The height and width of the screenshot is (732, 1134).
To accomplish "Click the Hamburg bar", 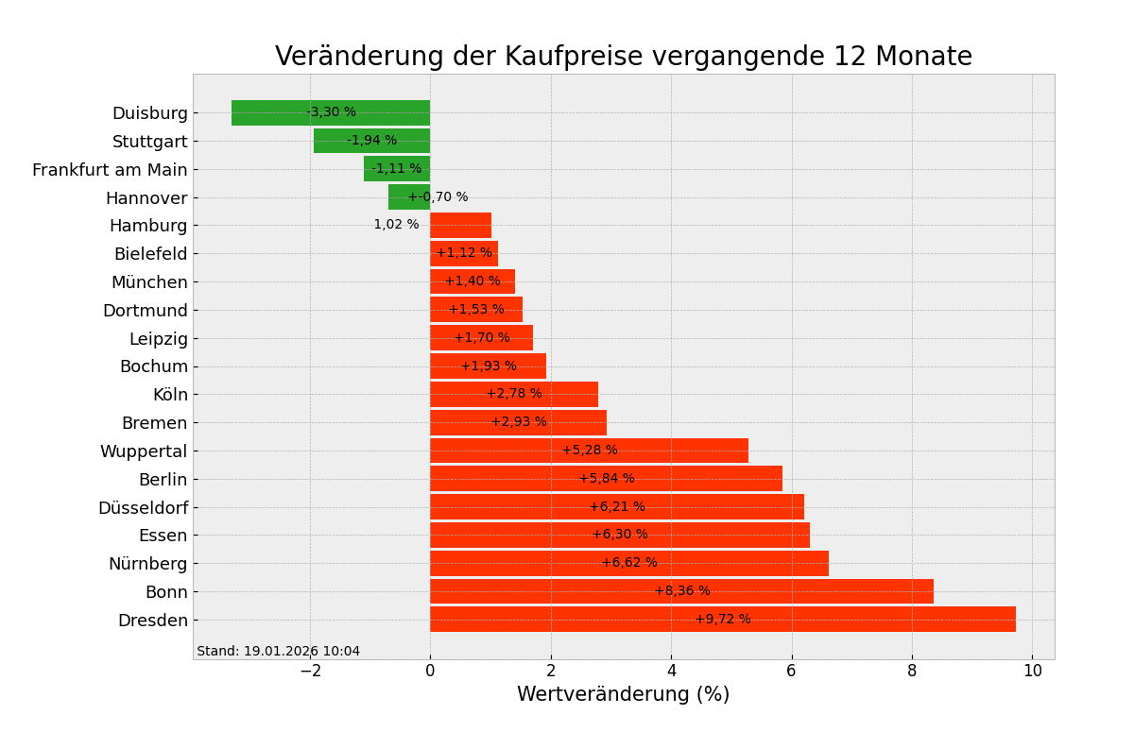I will point(460,226).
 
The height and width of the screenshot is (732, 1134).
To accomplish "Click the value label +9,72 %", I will point(723,620).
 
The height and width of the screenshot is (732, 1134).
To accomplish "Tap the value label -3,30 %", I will point(332,112).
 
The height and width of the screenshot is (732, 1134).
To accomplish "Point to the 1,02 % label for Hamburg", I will point(396,225).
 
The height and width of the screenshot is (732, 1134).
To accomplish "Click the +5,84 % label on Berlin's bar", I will point(607,479).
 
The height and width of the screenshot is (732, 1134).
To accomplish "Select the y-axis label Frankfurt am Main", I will point(110,170).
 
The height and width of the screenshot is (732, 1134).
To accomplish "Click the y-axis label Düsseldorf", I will point(143,508).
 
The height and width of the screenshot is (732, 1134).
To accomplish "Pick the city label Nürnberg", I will point(147,564).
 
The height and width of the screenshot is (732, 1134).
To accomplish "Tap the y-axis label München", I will point(149,282).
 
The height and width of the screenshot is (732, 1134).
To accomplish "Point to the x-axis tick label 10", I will point(1032,671).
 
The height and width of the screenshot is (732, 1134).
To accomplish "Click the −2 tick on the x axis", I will point(310,671).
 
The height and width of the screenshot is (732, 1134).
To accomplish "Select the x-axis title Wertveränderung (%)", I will point(623,695).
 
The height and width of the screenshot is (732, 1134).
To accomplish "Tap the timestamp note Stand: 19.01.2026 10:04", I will point(278,652).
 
